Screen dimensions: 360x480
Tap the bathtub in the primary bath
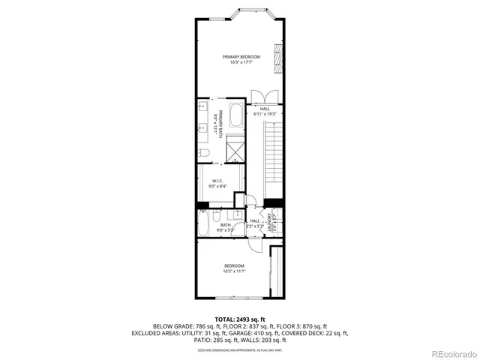point(235,119)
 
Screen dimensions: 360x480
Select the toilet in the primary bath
point(203,153)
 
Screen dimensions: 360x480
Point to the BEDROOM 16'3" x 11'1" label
point(234,268)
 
